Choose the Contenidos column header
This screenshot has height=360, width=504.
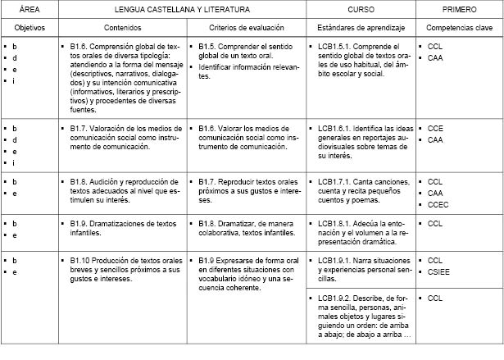(x=119, y=28)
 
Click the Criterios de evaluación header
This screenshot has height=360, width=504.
(x=246, y=28)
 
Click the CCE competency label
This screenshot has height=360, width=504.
(x=435, y=129)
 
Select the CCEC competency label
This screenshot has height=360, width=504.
(x=438, y=205)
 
